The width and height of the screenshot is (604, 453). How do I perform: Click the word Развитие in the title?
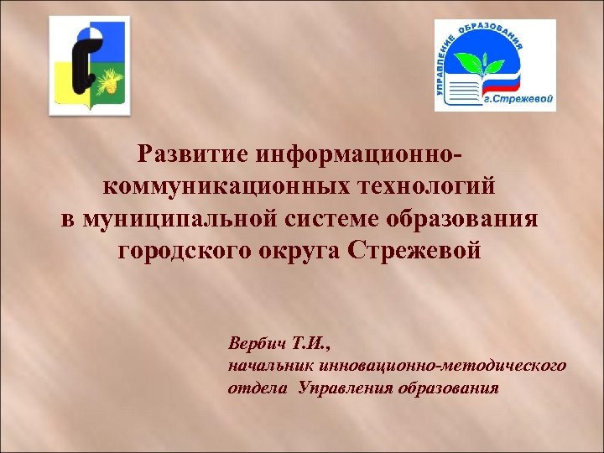pyautogui.click(x=195, y=155)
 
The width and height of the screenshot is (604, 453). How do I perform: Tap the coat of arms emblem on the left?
pyautogui.click(x=90, y=65)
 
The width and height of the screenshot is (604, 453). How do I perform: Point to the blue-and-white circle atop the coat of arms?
pyautogui.click(x=90, y=34)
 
